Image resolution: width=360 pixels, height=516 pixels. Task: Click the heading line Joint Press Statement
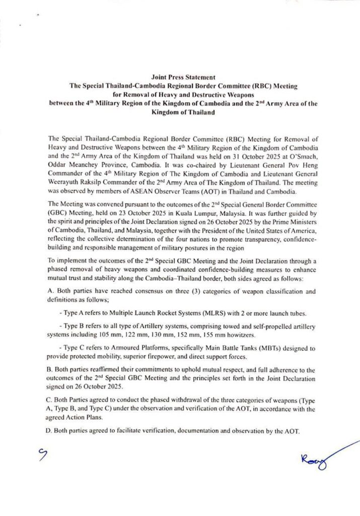180,77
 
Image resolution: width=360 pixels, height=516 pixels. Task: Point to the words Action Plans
87,418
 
